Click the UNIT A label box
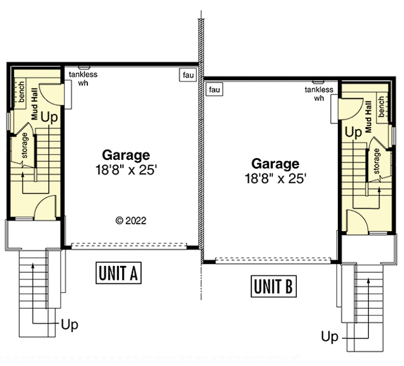coord(118,273)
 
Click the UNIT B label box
coord(273,286)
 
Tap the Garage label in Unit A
coord(126,155)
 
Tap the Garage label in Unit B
coord(275,164)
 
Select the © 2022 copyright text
coord(131,220)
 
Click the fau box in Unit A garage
coord(188,76)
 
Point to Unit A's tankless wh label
coord(83,78)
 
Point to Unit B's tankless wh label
coord(319,94)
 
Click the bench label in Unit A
coord(21,91)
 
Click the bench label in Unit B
coord(382,107)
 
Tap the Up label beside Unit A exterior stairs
coord(69,325)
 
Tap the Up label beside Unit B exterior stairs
coord(329,336)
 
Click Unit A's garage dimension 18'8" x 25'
coord(126,170)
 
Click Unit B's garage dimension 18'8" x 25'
coord(275,179)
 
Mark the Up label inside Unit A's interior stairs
coord(49,118)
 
